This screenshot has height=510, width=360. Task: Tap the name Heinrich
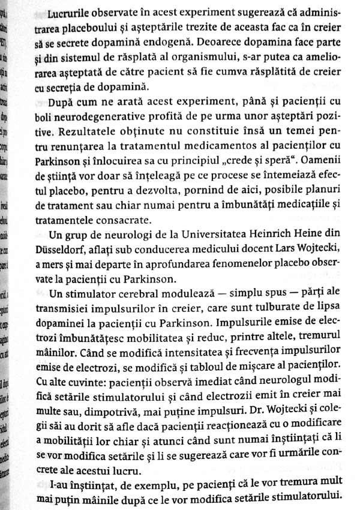280,235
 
